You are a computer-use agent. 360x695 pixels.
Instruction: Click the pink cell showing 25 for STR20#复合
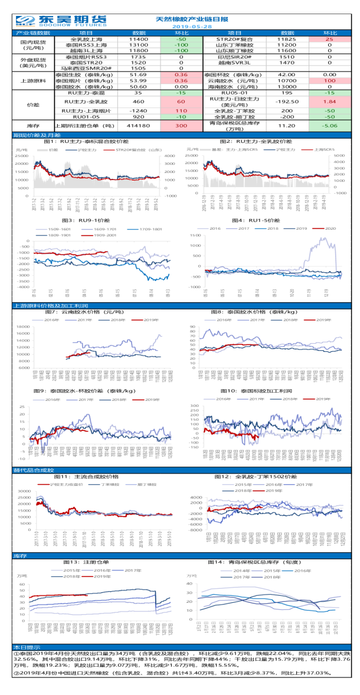click(x=329, y=38)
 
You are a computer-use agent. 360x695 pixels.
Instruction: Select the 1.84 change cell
click(x=329, y=102)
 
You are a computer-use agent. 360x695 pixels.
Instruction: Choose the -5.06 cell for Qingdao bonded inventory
click(x=329, y=126)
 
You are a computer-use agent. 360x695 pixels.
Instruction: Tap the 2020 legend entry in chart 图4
click(x=329, y=228)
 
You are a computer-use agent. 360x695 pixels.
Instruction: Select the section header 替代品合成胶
click(x=30, y=470)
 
